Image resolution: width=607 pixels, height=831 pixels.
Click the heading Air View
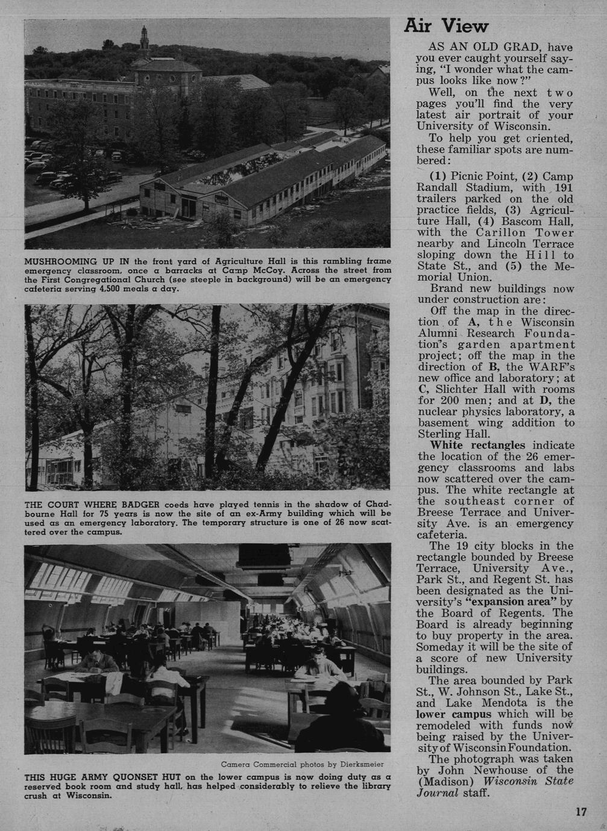445,26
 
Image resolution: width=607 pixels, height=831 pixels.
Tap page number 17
580,812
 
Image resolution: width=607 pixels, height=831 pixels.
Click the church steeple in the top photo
144,40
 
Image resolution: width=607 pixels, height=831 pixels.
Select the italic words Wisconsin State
529,781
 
